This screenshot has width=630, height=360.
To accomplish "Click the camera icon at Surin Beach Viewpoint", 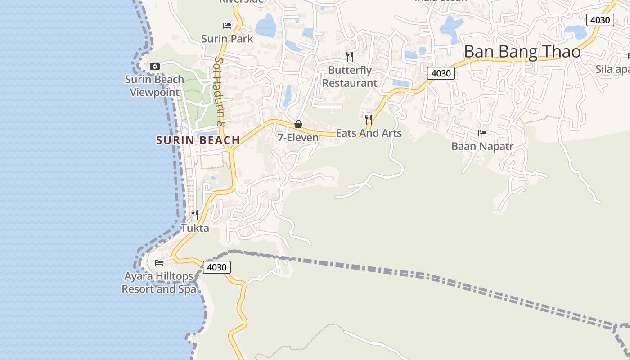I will (x=154, y=67).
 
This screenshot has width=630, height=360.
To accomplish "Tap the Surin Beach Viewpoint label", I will (x=154, y=86).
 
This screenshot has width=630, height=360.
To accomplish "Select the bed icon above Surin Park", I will (x=227, y=26).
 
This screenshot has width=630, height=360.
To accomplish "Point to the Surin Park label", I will (x=227, y=39).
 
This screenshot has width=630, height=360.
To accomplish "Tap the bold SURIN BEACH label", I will (x=198, y=140).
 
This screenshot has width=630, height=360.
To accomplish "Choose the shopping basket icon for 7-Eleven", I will (x=298, y=124).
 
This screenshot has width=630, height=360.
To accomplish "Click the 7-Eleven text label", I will (x=298, y=138).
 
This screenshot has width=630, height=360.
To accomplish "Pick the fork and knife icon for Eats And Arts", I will (x=369, y=119).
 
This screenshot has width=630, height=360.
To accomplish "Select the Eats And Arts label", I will (x=369, y=133).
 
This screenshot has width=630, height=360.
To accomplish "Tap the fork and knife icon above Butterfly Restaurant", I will (x=350, y=56).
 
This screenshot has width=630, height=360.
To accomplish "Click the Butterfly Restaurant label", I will (x=350, y=76).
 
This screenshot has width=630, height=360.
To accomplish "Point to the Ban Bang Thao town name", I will (x=522, y=52).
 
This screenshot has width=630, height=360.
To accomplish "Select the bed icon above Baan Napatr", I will (x=482, y=133).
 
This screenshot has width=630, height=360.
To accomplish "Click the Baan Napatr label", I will (x=482, y=146).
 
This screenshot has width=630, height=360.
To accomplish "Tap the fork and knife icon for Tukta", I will (x=195, y=214).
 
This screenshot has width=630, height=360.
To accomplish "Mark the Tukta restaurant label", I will (x=195, y=228).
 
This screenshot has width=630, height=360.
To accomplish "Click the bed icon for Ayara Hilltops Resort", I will (x=159, y=262).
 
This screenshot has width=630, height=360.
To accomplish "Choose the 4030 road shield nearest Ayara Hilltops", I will (x=216, y=267).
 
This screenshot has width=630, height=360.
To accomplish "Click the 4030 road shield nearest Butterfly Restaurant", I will (x=441, y=73).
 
